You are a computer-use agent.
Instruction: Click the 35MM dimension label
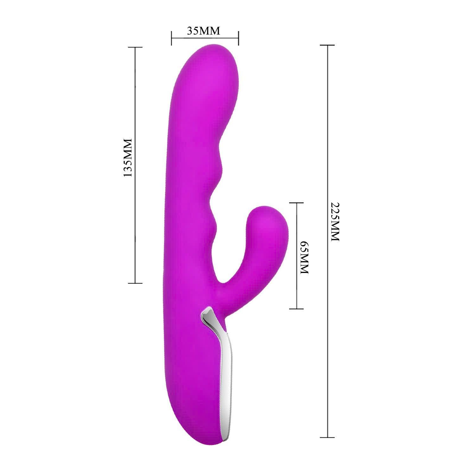tap(204, 31)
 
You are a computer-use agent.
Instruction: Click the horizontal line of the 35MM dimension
tap(205, 38)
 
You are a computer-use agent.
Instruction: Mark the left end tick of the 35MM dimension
tap(171, 38)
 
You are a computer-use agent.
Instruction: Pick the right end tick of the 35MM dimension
tap(238, 38)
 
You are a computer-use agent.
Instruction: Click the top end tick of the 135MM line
tap(135, 47)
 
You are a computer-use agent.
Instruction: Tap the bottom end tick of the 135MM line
tap(135, 283)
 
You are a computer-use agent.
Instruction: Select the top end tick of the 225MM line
tap(327, 45)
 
